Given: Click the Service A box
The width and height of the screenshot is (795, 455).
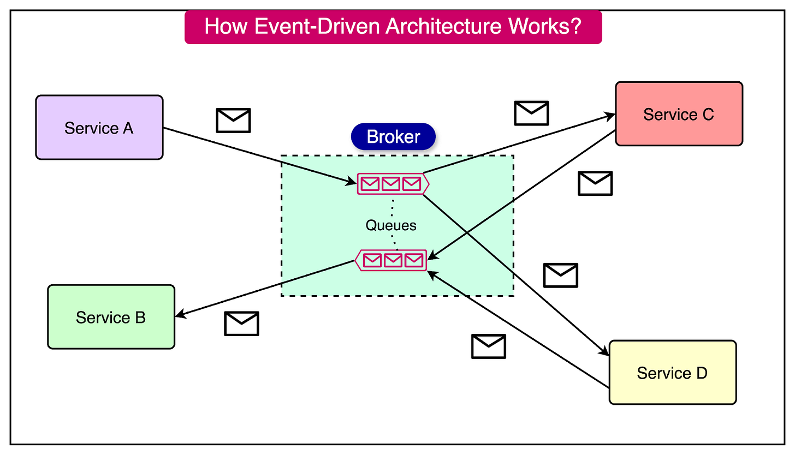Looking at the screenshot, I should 99,128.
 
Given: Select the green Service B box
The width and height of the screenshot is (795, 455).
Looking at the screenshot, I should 111,317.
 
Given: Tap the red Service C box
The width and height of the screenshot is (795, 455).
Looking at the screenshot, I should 679,114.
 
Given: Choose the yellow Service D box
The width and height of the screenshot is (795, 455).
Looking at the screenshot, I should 672,373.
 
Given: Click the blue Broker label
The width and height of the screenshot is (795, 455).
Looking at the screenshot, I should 393,136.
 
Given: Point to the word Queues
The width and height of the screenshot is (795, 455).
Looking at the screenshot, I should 391,225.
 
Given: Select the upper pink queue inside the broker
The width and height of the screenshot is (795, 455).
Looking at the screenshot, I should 392,184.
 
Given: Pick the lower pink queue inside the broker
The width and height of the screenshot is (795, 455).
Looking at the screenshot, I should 391,260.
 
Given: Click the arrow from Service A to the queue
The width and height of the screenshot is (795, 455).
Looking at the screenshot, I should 257,155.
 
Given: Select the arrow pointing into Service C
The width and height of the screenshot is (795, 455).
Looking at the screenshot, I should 519,143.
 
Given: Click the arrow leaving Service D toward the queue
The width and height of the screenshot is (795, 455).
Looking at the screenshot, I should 519,330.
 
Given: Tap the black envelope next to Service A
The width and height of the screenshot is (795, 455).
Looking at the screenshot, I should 233,120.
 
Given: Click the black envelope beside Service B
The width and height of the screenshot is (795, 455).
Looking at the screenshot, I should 241,323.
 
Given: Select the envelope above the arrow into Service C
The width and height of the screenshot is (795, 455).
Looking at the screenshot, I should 531,113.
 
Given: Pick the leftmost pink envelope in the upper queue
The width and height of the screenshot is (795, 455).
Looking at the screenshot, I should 370,184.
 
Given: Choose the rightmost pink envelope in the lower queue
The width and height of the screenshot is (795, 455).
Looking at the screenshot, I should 413,260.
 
